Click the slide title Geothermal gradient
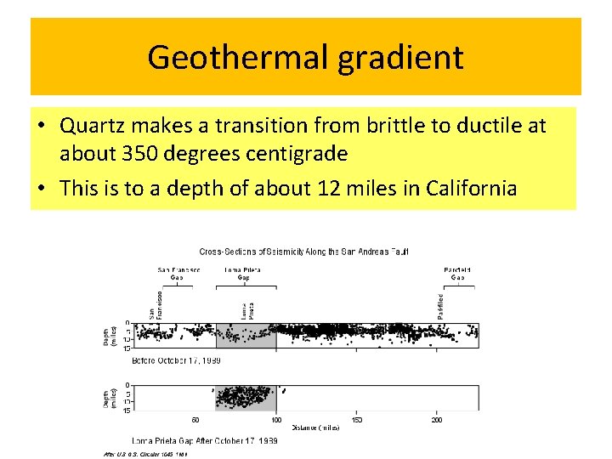pos(305,58)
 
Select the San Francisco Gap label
pos(178,274)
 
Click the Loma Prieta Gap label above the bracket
pos(243,274)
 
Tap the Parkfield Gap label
pos(456,274)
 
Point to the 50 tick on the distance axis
pos(195,420)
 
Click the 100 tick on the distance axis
pos(276,420)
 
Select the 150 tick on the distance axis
pos(356,420)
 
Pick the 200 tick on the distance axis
pos(437,420)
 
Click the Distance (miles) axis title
pos(314,428)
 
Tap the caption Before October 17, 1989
pos(176,360)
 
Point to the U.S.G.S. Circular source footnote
pos(145,454)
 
